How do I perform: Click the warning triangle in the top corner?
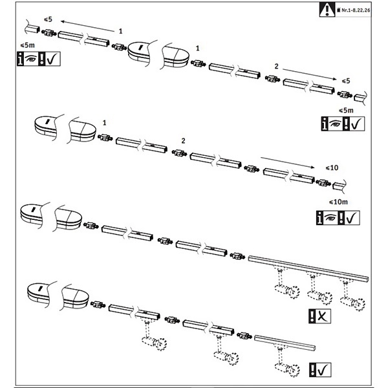(x=327, y=10)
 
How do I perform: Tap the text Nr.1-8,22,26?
(x=356, y=10)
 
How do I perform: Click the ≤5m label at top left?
(x=27, y=45)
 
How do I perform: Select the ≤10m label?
(x=338, y=202)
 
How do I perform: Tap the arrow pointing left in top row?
(x=88, y=26)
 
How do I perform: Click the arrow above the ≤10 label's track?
(x=288, y=162)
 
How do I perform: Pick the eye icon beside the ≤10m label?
(x=330, y=218)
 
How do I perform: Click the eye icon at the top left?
(x=30, y=59)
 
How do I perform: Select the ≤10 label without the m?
(x=332, y=167)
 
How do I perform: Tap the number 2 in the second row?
(x=183, y=141)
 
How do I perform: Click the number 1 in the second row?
(x=104, y=123)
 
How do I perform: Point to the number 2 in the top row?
(x=276, y=66)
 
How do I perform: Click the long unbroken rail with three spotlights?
(x=308, y=268)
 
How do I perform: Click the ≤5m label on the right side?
(x=346, y=111)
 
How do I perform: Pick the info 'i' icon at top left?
(x=20, y=59)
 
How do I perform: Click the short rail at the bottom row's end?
(x=285, y=343)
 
